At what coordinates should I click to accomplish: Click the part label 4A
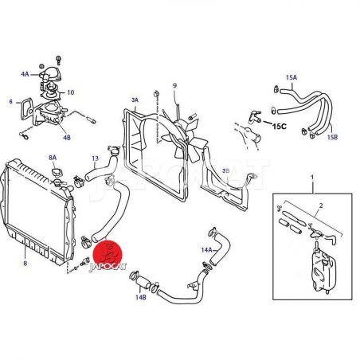(25, 74)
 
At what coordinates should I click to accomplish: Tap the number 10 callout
(71, 92)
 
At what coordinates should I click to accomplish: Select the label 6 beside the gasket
(11, 101)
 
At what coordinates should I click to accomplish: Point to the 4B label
(67, 138)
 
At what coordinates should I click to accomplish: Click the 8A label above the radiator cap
(53, 158)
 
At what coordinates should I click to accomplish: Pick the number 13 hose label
(95, 158)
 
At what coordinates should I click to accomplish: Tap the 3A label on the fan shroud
(135, 100)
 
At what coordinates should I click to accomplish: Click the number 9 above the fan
(174, 85)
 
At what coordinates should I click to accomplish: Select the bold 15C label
(280, 126)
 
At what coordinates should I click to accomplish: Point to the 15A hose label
(292, 77)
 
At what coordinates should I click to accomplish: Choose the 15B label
(332, 137)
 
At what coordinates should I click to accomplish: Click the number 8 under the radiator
(25, 264)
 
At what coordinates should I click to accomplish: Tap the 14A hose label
(206, 249)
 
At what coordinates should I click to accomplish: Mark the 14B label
(141, 297)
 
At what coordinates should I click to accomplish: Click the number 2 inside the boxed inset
(321, 205)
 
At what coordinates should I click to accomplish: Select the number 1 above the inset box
(312, 177)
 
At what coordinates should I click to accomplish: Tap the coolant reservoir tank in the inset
(323, 272)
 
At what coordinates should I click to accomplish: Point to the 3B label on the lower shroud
(225, 170)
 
